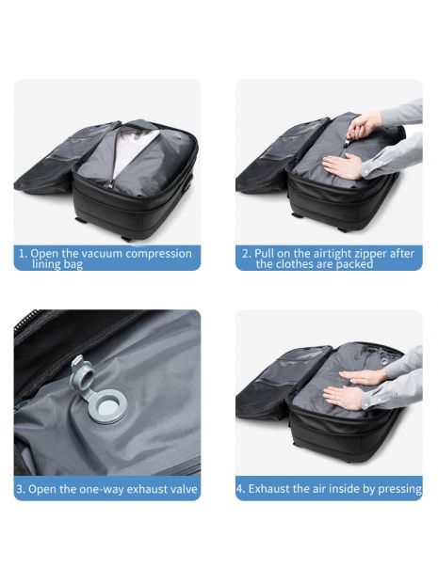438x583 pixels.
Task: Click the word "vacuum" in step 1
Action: coord(102,254)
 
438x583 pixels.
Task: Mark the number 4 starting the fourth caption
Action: coord(240,489)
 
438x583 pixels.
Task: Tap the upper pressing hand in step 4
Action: coord(365,377)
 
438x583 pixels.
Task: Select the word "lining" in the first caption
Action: coord(46,264)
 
